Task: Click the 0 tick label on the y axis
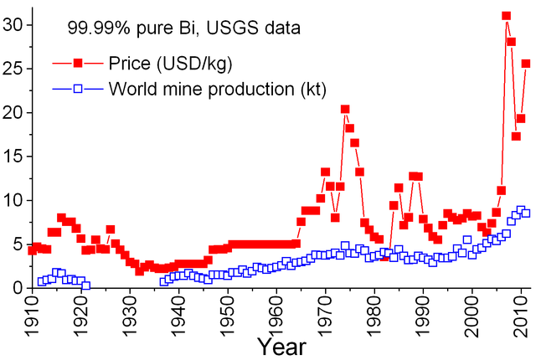[x=17, y=287]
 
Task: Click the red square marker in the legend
[x=77, y=63]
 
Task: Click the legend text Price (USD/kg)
[x=169, y=63]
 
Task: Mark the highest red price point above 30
[x=506, y=16]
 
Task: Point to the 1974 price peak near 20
[x=345, y=109]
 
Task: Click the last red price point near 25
[x=526, y=64]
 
